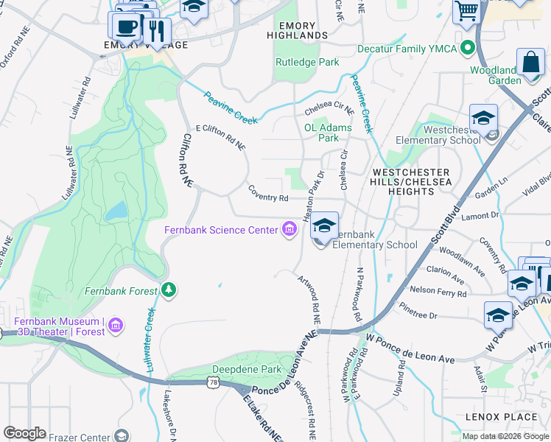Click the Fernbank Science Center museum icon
(289, 231)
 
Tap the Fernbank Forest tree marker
(169, 290)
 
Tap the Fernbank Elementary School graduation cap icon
(323, 225)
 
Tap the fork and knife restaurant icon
(155, 31)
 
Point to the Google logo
(24, 433)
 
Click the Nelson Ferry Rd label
(438, 292)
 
